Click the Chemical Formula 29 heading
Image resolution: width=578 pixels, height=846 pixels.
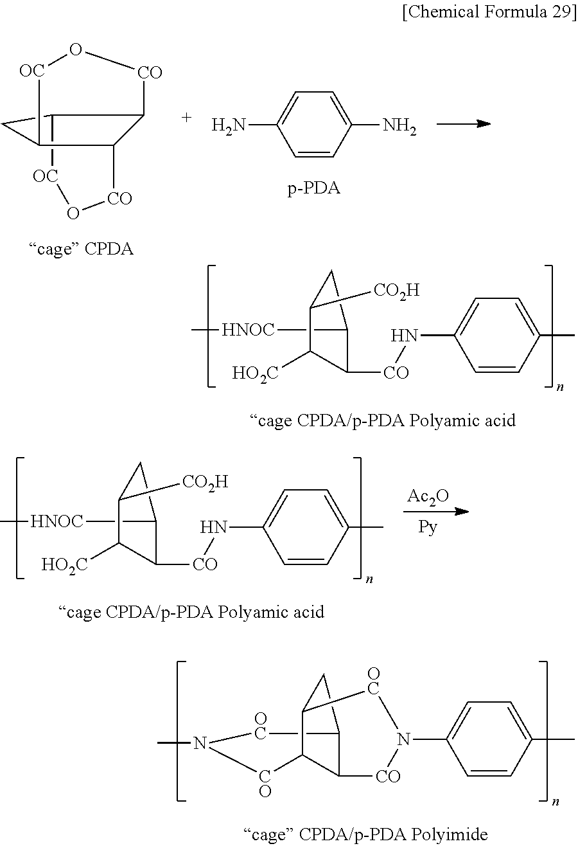[489, 14]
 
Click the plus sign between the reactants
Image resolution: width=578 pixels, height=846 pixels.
[187, 118]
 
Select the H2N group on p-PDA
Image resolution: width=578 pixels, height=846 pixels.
[229, 125]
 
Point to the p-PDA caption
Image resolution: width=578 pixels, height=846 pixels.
[313, 189]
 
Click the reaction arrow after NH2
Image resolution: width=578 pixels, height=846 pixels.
[463, 124]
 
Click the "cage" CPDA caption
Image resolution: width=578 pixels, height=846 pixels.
[82, 249]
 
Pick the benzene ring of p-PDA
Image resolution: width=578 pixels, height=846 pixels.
[314, 124]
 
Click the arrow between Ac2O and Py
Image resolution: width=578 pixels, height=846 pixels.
[436, 512]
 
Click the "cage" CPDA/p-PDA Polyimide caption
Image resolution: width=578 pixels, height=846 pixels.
[366, 834]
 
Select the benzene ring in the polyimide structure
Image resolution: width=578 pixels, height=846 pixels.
[489, 739]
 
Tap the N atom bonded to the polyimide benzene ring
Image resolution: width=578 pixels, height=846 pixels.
[403, 739]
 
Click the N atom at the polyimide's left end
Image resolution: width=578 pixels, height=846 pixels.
[200, 744]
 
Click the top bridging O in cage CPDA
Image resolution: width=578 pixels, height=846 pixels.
[76, 50]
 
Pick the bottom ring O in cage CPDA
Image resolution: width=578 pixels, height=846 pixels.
[73, 213]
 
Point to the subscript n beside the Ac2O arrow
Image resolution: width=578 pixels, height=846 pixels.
[369, 580]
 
